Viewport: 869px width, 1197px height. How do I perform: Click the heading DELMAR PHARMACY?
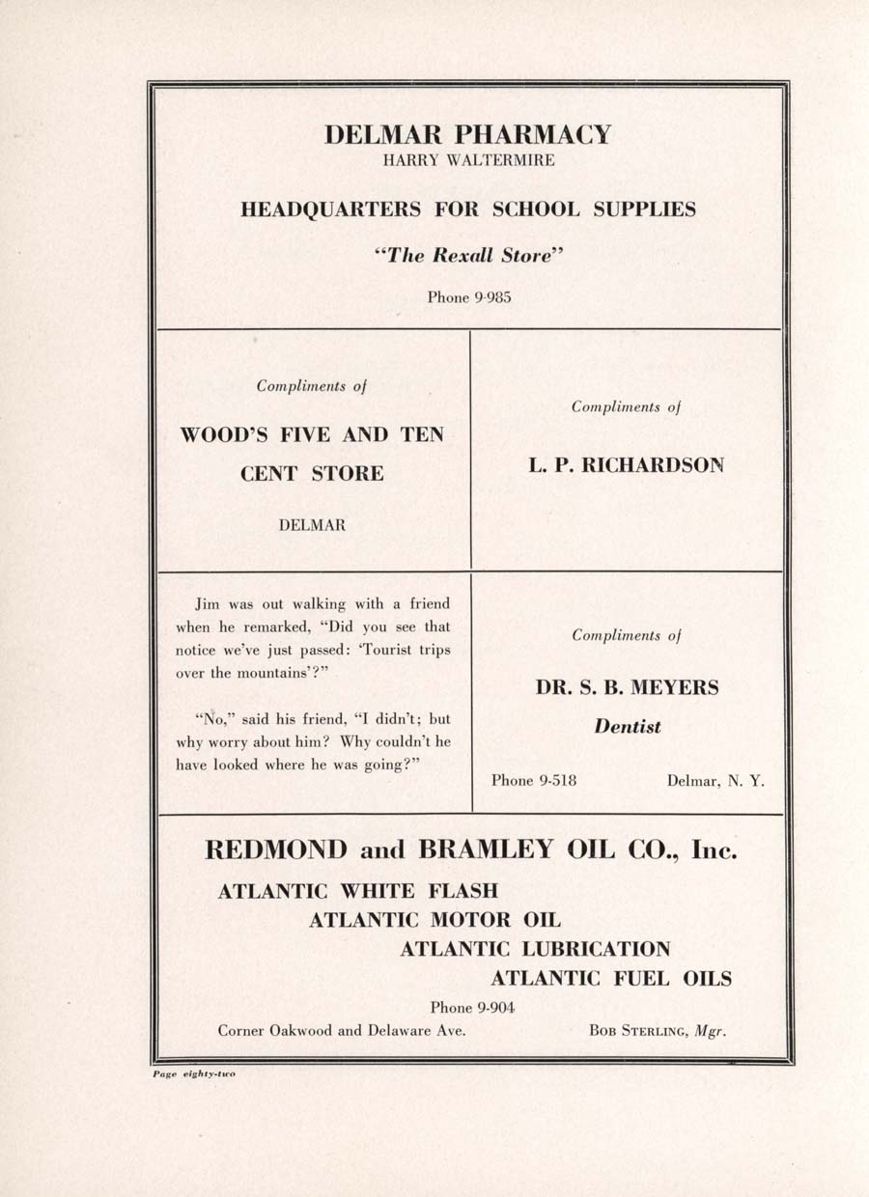tap(468, 134)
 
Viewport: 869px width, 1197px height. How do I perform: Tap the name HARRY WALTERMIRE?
tap(468, 160)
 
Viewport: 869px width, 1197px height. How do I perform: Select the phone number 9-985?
tap(492, 297)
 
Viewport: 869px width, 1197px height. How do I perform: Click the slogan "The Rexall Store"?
tap(468, 256)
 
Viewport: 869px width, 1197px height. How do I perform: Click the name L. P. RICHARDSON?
tap(626, 464)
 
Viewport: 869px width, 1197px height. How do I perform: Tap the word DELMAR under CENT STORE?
tap(312, 525)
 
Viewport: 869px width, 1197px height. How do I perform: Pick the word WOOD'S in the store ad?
tap(221, 434)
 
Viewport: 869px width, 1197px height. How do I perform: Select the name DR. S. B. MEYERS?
tap(627, 688)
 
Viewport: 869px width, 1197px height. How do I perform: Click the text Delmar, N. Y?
tap(715, 780)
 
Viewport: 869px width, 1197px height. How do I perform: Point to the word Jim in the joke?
tap(207, 604)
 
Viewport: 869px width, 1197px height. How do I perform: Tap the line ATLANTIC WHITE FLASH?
tap(358, 891)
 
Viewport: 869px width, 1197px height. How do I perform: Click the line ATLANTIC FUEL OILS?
tap(610, 979)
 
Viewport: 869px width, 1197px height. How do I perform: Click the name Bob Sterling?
tap(637, 1031)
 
